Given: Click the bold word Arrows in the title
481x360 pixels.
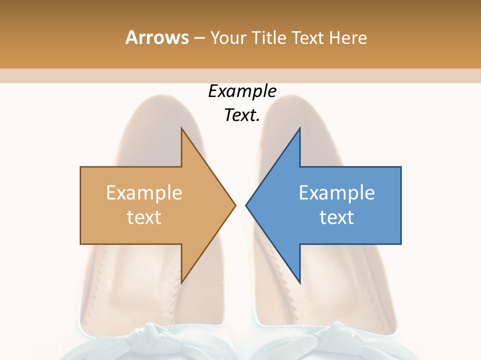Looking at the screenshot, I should pyautogui.click(x=157, y=37).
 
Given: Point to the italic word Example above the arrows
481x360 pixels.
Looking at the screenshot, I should pyautogui.click(x=242, y=91).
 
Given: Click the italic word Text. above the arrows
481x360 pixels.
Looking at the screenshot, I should pyautogui.click(x=242, y=115).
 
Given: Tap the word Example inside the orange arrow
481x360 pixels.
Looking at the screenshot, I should pyautogui.click(x=144, y=193).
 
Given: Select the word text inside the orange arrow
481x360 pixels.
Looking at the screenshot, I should pyautogui.click(x=144, y=217).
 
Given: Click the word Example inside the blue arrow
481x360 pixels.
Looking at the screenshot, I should pyautogui.click(x=337, y=193).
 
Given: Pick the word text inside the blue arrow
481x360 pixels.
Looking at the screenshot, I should pyautogui.click(x=337, y=217).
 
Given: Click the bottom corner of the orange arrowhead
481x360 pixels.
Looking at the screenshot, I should pyautogui.click(x=182, y=282).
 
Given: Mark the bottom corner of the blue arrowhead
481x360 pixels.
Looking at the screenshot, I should pyautogui.click(x=300, y=282).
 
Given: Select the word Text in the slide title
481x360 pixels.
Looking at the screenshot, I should pyautogui.click(x=309, y=38).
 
